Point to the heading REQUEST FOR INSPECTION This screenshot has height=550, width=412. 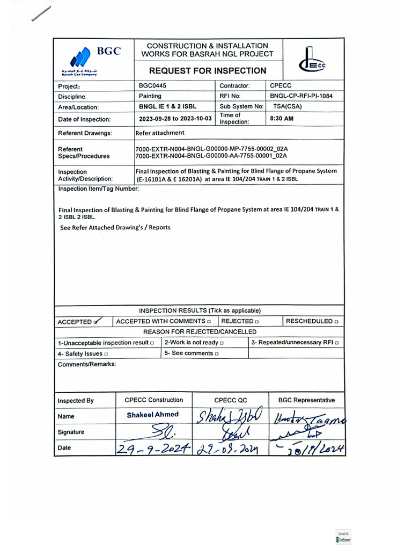207,70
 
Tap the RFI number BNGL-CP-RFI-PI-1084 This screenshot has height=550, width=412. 304,96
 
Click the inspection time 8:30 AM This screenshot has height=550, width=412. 282,119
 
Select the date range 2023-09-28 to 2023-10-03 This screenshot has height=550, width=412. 175,119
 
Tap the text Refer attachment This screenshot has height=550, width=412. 160,133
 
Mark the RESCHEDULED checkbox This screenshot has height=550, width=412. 336,321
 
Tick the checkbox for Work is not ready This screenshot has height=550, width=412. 222,343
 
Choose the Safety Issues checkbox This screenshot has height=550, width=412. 106,354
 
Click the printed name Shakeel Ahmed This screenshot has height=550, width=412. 153,415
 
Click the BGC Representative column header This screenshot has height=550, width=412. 306,400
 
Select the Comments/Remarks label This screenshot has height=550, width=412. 86,364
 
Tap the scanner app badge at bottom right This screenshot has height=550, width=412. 343,538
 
